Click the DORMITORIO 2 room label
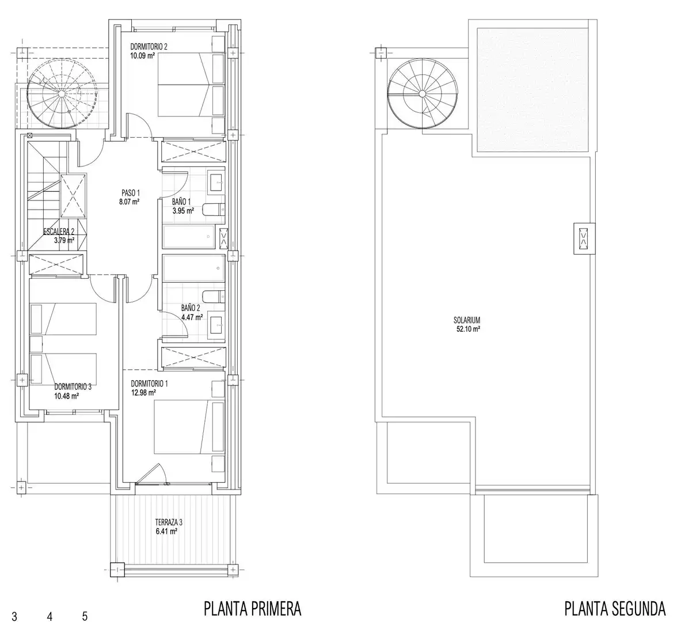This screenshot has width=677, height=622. coord(149,47)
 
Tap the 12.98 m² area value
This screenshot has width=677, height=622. coord(143,393)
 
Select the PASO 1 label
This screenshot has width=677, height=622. coord(130,193)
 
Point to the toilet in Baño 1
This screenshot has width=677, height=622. coord(214,210)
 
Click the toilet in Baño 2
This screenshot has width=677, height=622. coord(214,297)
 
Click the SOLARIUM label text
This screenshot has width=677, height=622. coord(467,320)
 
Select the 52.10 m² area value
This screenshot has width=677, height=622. coord(469,329)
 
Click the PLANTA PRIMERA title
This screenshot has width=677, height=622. coord(253,609)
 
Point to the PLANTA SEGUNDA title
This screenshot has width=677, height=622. coord(615,609)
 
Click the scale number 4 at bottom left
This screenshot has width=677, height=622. coord(50,616)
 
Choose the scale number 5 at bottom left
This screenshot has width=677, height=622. coord(85,616)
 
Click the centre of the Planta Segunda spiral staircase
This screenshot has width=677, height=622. coord(422,94)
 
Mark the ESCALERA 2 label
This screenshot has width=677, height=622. coord(59,232)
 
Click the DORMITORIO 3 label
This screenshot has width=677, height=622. coord(73,387)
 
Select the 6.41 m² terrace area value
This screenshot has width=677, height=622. coord(167,532)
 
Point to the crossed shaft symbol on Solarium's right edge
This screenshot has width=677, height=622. coord(584,238)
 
